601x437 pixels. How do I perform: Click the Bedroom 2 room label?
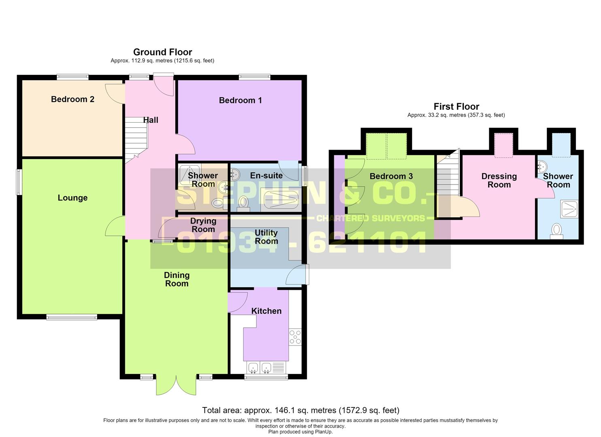[72, 99]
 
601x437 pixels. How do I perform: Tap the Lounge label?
[72, 198]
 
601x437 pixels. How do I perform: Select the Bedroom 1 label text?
[240, 100]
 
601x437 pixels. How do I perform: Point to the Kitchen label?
[266, 311]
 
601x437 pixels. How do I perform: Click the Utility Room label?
[266, 237]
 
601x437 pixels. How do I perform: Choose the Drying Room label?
[203, 225]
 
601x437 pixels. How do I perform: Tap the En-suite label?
[266, 176]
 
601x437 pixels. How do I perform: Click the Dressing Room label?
[499, 180]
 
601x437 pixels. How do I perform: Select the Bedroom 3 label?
[391, 176]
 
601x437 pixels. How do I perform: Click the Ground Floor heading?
[163, 52]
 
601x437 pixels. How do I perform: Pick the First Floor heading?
[457, 106]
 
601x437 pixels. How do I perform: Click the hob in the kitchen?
[295, 337]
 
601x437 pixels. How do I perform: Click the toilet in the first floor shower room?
[556, 231]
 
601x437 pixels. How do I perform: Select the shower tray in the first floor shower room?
[569, 209]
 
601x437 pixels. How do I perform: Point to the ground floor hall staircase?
[136, 140]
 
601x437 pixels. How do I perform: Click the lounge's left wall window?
[19, 182]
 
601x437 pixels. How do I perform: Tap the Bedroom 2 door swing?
[115, 94]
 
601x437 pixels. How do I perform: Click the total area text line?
[300, 410]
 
